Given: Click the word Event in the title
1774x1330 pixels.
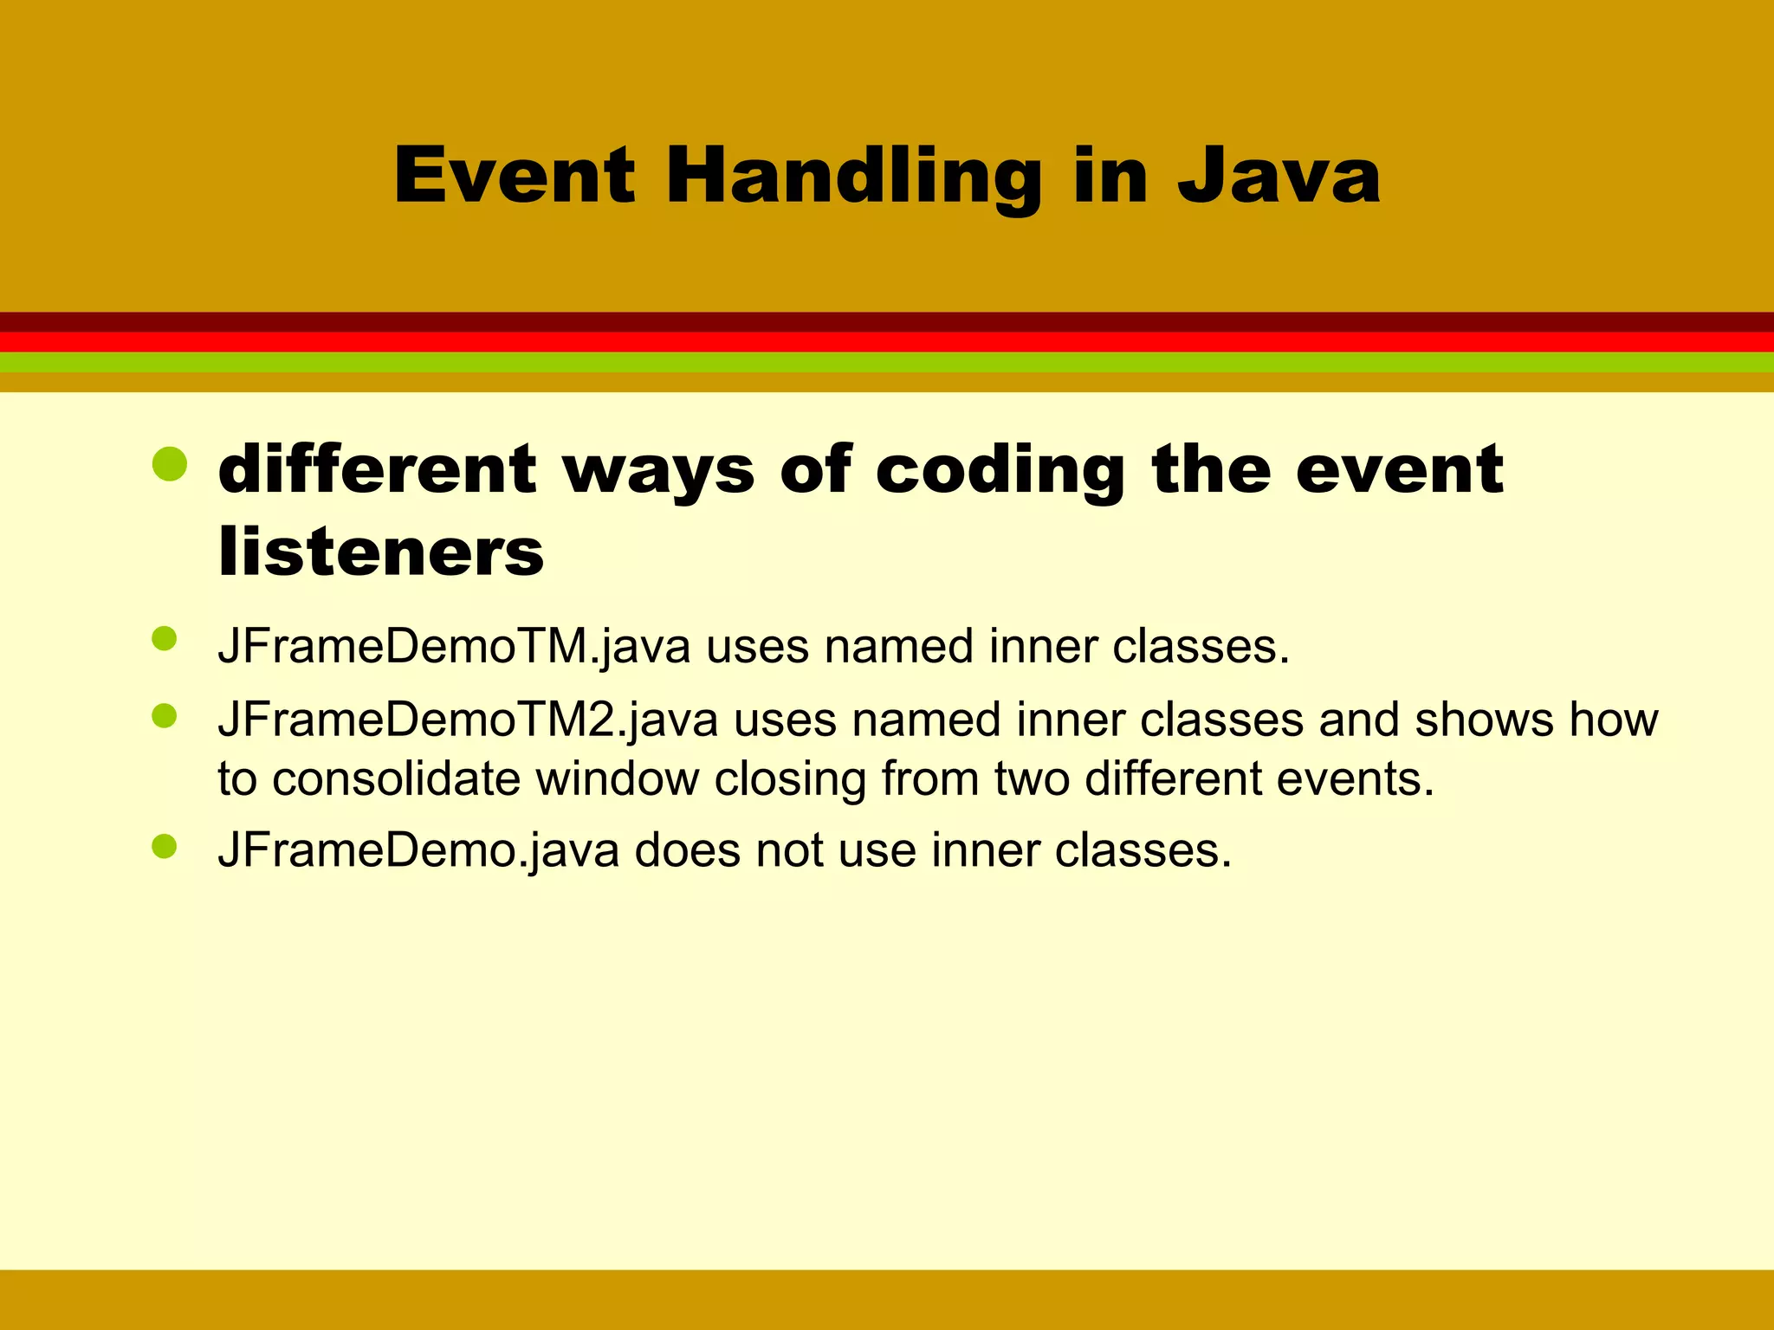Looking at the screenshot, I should (515, 176).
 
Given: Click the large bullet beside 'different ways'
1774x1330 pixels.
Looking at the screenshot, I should (169, 465).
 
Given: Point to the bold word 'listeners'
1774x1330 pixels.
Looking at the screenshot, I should (381, 552).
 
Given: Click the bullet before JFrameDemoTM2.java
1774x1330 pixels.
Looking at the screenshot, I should (164, 715).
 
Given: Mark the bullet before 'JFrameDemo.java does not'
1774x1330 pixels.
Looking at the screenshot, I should (164, 846).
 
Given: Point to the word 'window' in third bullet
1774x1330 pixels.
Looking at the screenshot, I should (617, 778).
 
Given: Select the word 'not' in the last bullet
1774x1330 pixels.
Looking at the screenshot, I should (789, 850).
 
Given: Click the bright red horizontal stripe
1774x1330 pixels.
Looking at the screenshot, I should (887, 342).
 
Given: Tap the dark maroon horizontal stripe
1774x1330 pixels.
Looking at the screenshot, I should (887, 321).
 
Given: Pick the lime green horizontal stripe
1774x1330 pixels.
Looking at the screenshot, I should (887, 362).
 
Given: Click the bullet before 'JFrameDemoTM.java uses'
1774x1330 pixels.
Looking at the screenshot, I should (164, 639).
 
